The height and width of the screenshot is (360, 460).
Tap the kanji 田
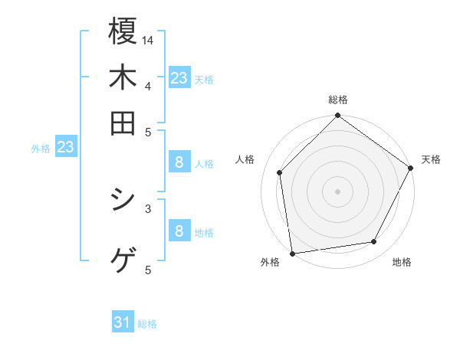pyautogui.click(x=123, y=123)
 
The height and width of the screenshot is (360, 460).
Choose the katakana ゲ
pyautogui.click(x=123, y=260)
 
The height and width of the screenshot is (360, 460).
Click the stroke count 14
pyautogui.click(x=148, y=40)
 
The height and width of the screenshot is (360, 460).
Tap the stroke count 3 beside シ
pyautogui.click(x=147, y=207)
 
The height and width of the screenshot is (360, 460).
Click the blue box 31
pyautogui.click(x=123, y=323)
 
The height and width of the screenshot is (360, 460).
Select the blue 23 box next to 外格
pyautogui.click(x=65, y=147)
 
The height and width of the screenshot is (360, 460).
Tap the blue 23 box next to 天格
pyautogui.click(x=179, y=78)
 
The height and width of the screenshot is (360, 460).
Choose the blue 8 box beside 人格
pyautogui.click(x=179, y=162)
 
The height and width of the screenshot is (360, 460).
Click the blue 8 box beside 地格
pyautogui.click(x=179, y=231)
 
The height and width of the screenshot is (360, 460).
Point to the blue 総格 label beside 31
pyautogui.click(x=147, y=324)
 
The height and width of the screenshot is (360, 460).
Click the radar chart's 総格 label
pyautogui.click(x=337, y=100)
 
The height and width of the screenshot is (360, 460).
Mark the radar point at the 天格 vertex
pyautogui.click(x=410, y=168)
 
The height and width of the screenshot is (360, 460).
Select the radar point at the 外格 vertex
pyautogui.click(x=292, y=253)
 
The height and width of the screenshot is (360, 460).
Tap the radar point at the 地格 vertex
pyautogui.click(x=374, y=242)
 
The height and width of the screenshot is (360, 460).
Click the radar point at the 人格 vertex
pyautogui.click(x=280, y=172)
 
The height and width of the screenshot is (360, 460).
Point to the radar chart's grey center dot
pyautogui.click(x=337, y=191)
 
